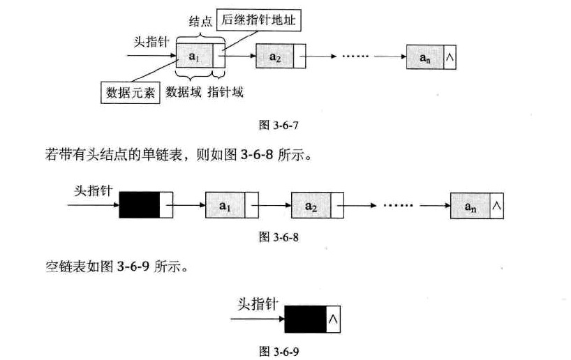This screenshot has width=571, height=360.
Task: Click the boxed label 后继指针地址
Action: [x=259, y=22]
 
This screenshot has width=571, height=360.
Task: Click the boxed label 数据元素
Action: [x=131, y=91]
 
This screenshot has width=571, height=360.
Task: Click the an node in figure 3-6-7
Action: [x=425, y=57]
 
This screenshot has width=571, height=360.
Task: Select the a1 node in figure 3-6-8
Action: [x=224, y=207]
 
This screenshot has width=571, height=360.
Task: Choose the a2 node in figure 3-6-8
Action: [x=311, y=207]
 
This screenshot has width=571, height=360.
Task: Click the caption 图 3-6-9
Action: [x=280, y=348]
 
